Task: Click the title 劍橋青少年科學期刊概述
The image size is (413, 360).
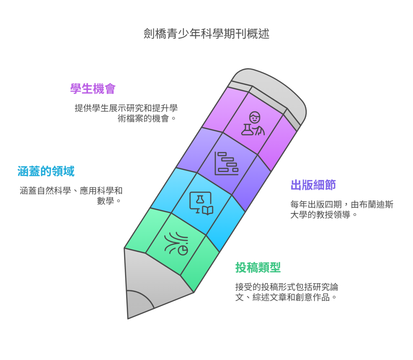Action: point(206,34)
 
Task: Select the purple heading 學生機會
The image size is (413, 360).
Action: point(93,89)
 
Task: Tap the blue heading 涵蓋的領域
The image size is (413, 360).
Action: point(46,171)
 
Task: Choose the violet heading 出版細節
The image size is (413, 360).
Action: point(313,185)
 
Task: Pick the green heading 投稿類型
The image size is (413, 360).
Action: point(258,267)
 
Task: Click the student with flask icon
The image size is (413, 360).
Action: point(253,123)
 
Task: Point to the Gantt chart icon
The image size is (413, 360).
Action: point(226,164)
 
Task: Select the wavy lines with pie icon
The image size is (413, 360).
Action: point(176,243)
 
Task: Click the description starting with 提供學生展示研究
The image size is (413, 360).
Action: point(126,113)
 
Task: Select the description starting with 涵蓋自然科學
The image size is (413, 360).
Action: point(71,196)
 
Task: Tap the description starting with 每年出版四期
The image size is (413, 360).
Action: point(342,209)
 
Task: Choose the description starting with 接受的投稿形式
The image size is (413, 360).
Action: point(287,292)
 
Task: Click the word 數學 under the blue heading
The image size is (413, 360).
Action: point(106,201)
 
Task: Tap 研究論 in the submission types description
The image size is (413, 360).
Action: point(325,287)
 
